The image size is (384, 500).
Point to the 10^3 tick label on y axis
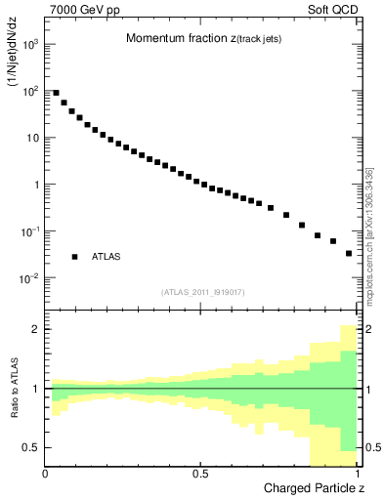(x=30, y=44)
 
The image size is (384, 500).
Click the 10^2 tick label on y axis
(x=30, y=91)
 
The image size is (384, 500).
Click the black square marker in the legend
(x=74, y=257)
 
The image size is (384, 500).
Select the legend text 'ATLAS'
(x=107, y=257)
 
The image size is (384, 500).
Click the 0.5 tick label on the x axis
(x=200, y=473)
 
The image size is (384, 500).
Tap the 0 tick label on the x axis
(x=45, y=473)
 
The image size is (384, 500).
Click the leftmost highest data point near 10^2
(x=56, y=93)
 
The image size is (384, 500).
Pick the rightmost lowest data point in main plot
(x=349, y=253)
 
